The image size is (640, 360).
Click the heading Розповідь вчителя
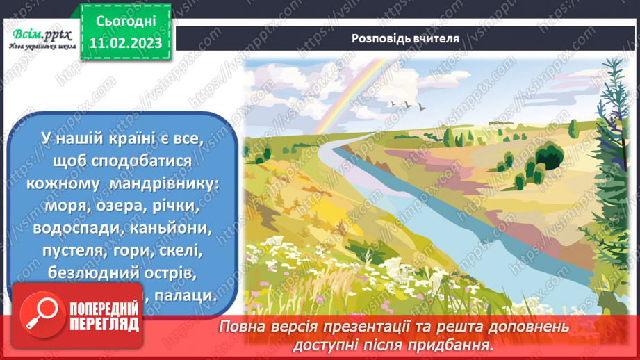pyautogui.click(x=405, y=39)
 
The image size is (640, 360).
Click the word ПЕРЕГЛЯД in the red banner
pyautogui.click(x=104, y=325)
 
